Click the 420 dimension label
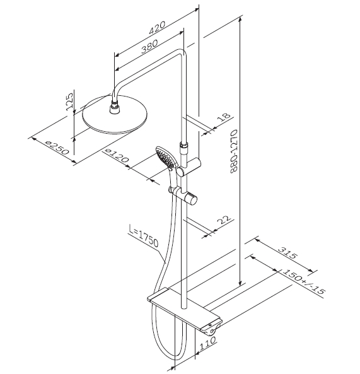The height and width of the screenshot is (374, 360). pos(156,28)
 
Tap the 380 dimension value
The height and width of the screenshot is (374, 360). pos(149,46)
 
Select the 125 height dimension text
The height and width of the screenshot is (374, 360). pos(69,101)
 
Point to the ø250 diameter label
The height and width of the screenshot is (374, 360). pos(57,148)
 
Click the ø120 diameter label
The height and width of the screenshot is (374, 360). pos(117,156)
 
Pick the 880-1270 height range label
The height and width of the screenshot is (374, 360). pos(234,151)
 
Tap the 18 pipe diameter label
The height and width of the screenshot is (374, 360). pos(224,117)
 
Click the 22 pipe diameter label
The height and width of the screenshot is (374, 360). pos(224,220)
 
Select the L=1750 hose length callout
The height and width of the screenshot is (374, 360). pos(144,236)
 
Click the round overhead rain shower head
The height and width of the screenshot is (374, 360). pos(115,115)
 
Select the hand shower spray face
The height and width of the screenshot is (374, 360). pos(165,157)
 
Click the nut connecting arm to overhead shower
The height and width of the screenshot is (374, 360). pos(115,104)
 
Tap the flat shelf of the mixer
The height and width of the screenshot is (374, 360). pos(184,308)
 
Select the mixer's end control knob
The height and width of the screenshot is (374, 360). pos(211,330)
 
